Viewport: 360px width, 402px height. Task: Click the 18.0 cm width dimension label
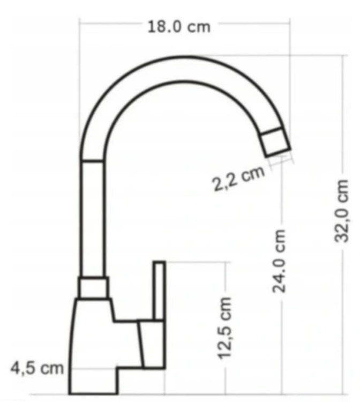[x=179, y=27]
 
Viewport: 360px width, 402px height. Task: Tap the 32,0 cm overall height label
[x=342, y=211]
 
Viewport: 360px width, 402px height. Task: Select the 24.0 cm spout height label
[x=279, y=260]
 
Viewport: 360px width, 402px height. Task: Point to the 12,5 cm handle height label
[x=224, y=328]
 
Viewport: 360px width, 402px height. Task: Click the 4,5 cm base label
[x=37, y=368]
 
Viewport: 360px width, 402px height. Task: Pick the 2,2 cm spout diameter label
[x=238, y=178]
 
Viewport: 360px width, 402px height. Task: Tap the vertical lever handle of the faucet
[x=159, y=291]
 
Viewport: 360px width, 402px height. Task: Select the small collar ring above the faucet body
[x=93, y=288]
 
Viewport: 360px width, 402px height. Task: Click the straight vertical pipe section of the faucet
[x=93, y=219]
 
